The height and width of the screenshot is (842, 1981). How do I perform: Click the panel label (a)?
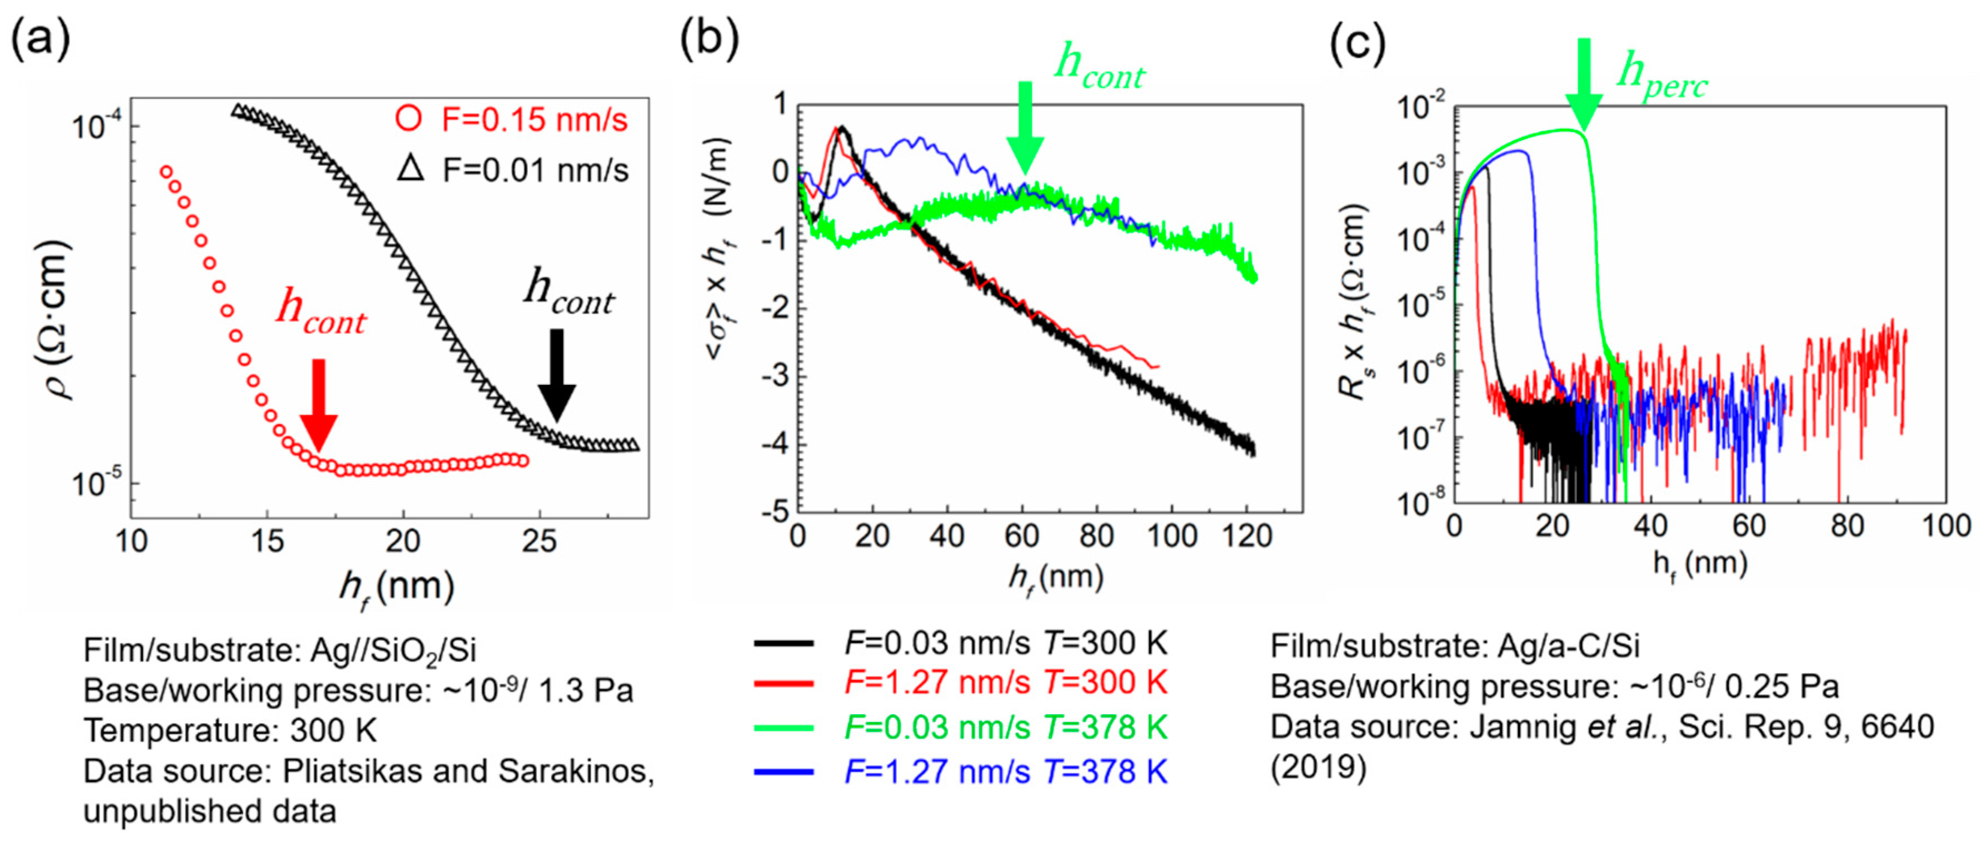40,40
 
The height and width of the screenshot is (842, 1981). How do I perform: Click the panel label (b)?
709,40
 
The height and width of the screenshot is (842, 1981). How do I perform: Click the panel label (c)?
1358,44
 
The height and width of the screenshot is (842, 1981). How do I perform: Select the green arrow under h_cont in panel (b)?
1024,127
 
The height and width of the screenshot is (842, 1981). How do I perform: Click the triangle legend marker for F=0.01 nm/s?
411,168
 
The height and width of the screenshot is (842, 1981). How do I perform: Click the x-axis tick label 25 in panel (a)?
538,542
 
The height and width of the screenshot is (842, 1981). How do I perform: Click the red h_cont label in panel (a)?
321,312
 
